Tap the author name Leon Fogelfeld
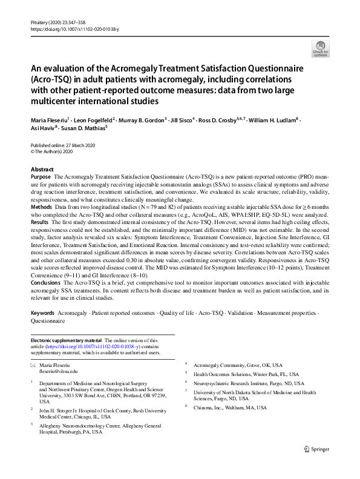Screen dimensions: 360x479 [100, 121]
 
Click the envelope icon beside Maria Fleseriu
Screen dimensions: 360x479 [33, 365]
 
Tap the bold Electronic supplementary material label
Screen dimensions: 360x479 [67, 341]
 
